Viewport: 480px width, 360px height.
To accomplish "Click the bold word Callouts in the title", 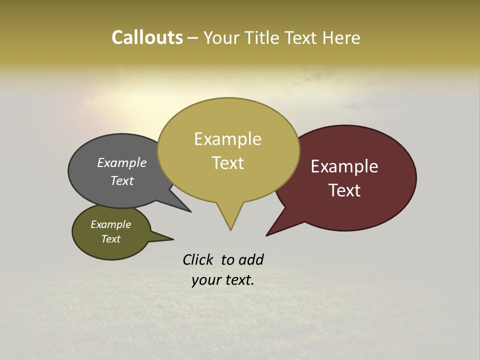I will pyautogui.click(x=147, y=38).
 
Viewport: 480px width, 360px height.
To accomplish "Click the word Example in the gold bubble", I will pyautogui.click(x=227, y=139).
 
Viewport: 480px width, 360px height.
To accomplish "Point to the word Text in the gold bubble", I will pyautogui.click(x=227, y=163).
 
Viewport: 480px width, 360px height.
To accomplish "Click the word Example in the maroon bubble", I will pyautogui.click(x=344, y=166).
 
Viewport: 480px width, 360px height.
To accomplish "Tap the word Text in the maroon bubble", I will pyautogui.click(x=344, y=190).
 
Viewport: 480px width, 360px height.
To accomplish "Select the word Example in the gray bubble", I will pyautogui.click(x=122, y=163).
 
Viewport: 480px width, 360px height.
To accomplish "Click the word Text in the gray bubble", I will pyautogui.click(x=122, y=180).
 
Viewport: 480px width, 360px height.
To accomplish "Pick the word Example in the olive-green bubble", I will pyautogui.click(x=110, y=224).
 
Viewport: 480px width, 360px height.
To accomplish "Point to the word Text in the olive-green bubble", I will pyautogui.click(x=110, y=239).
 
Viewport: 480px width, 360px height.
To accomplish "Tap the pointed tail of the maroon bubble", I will pyautogui.click(x=273, y=231).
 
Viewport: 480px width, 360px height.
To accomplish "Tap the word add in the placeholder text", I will pyautogui.click(x=251, y=259).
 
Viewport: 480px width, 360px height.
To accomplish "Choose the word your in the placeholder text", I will pyautogui.click(x=205, y=280).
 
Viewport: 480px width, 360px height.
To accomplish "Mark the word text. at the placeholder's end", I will pyautogui.click(x=238, y=280).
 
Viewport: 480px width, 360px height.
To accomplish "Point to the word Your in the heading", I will pyautogui.click(x=221, y=38).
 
